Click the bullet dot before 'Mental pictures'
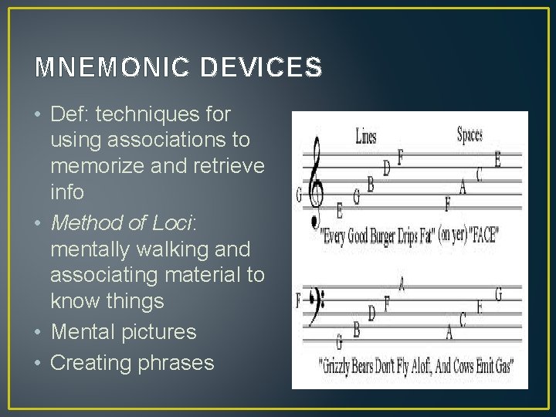click(39, 333)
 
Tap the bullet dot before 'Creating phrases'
click(39, 363)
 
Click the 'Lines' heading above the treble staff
click(366, 137)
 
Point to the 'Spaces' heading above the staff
click(470, 134)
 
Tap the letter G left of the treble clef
click(299, 194)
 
